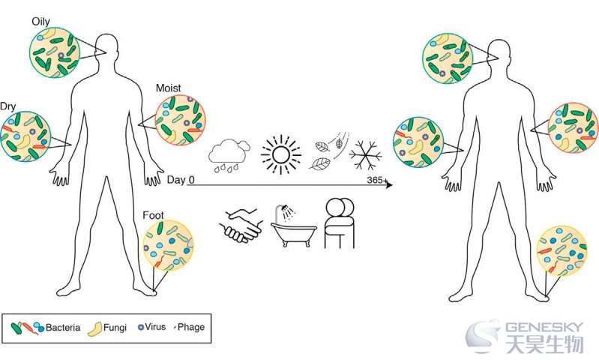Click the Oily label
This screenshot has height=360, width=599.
(41, 22)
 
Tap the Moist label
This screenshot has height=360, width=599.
(169, 88)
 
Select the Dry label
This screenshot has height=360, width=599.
(7, 106)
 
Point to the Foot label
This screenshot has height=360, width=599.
(153, 215)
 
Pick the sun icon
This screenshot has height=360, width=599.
(281, 154)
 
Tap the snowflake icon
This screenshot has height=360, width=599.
(365, 155)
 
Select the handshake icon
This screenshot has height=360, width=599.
(241, 226)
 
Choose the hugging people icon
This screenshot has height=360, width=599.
(340, 223)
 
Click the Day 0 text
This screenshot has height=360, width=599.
(181, 179)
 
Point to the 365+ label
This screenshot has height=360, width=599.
(377, 179)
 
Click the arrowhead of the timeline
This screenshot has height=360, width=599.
(389, 185)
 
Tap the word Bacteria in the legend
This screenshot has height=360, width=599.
(63, 328)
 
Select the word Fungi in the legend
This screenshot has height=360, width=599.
(115, 328)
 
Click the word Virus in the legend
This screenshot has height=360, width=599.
(155, 327)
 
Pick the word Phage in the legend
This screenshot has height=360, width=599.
(191, 327)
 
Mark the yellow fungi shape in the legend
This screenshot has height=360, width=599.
(94, 329)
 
